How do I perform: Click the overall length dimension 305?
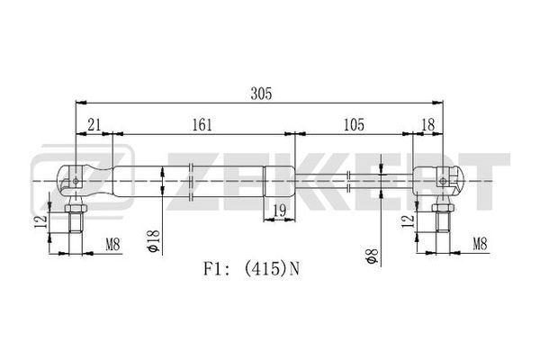tap(261, 94)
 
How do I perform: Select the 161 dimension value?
tap(202, 125)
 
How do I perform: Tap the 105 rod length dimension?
tap(354, 125)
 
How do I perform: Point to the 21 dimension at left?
tap(94, 125)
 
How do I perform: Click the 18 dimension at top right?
tap(428, 125)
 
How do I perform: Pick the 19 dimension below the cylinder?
tap(279, 210)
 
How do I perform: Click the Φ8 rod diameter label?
tap(373, 256)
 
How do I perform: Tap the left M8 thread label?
tap(112, 246)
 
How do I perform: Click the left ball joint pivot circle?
tap(76, 181)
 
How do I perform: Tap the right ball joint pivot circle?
tap(443, 181)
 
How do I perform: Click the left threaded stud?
tap(76, 222)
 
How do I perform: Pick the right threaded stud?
tap(443, 221)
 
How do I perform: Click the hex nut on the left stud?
tap(76, 208)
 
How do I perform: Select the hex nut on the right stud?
tap(443, 207)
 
